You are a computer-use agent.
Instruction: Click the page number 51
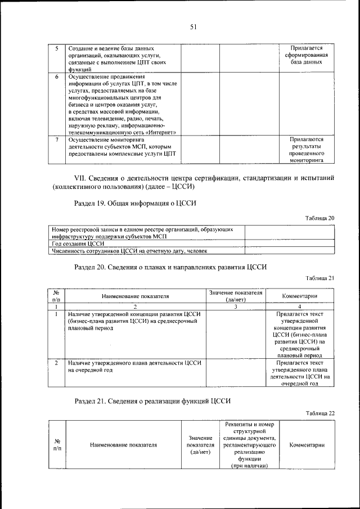pyautogui.click(x=192, y=26)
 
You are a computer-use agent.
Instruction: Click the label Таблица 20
pyautogui.click(x=321, y=218)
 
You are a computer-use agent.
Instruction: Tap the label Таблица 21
pyautogui.click(x=321, y=278)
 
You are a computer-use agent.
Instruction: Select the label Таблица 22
pyautogui.click(x=321, y=413)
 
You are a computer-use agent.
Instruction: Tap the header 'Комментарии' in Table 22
pyautogui.click(x=307, y=445)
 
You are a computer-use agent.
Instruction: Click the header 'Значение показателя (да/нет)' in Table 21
pyautogui.click(x=236, y=296)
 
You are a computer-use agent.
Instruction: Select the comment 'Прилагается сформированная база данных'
pyautogui.click(x=307, y=55)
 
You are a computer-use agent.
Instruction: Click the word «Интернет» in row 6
pyautogui.click(x=160, y=133)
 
